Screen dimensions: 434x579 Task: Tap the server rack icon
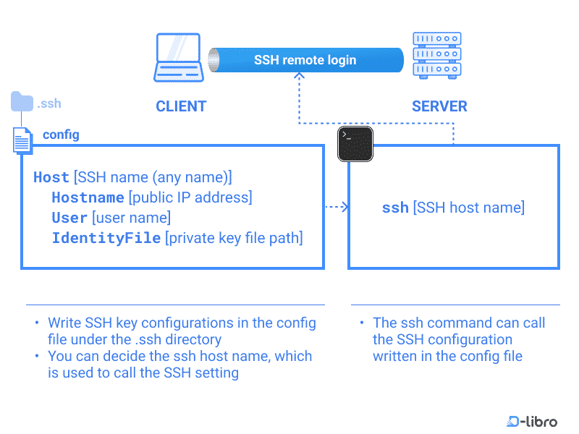[436, 56]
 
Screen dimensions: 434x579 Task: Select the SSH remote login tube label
[305, 60]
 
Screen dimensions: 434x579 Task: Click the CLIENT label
[181, 106]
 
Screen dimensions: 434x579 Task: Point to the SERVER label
[439, 106]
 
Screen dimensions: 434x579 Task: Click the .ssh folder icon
[22, 102]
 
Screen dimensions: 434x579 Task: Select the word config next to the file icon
[62, 135]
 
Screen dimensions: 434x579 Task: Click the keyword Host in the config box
[51, 177]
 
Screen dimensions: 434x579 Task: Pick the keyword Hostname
[88, 197]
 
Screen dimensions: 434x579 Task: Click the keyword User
[69, 218]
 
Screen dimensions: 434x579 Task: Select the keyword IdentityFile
[106, 238]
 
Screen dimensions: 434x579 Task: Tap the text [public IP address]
[190, 197]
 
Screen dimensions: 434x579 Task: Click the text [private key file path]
[234, 238]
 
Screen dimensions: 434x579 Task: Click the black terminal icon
[355, 143]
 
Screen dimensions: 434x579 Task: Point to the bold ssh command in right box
[395, 208]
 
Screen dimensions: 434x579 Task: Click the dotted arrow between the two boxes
[337, 208]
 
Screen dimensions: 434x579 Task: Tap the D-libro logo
[532, 421]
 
